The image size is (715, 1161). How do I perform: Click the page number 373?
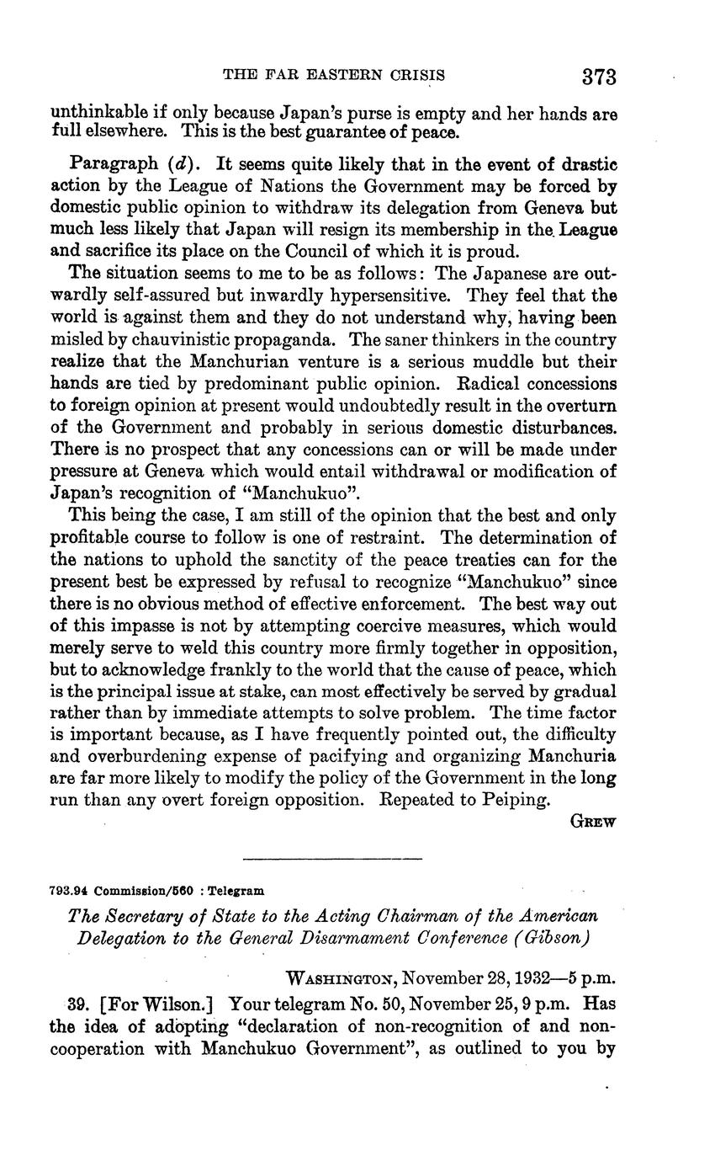pyautogui.click(x=599, y=77)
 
